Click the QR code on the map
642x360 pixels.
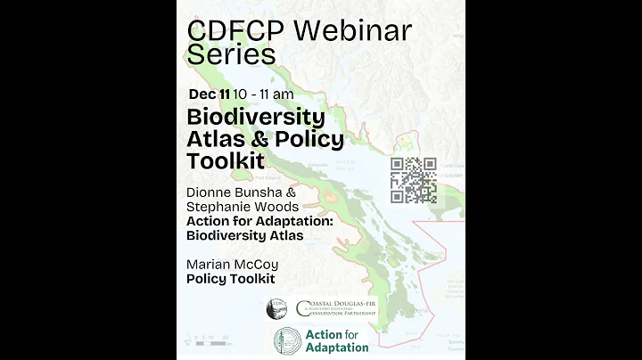413,179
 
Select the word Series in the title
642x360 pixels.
231,54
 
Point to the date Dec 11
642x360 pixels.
209,93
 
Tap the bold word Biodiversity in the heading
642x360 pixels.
255,118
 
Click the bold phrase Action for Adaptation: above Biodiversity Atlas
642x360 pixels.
259,221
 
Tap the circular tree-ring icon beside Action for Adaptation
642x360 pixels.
287,340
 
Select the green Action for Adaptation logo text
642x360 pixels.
335,340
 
